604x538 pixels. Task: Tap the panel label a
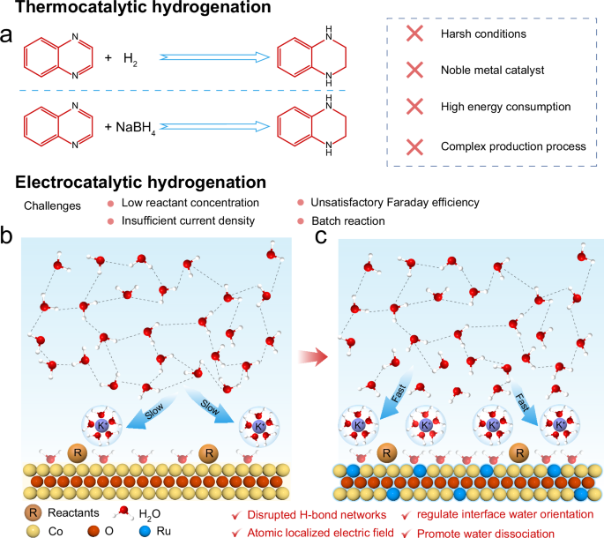point(8,37)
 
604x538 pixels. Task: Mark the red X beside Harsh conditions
point(413,34)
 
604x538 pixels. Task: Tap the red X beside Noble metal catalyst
point(413,70)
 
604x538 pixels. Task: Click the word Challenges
point(49,205)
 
